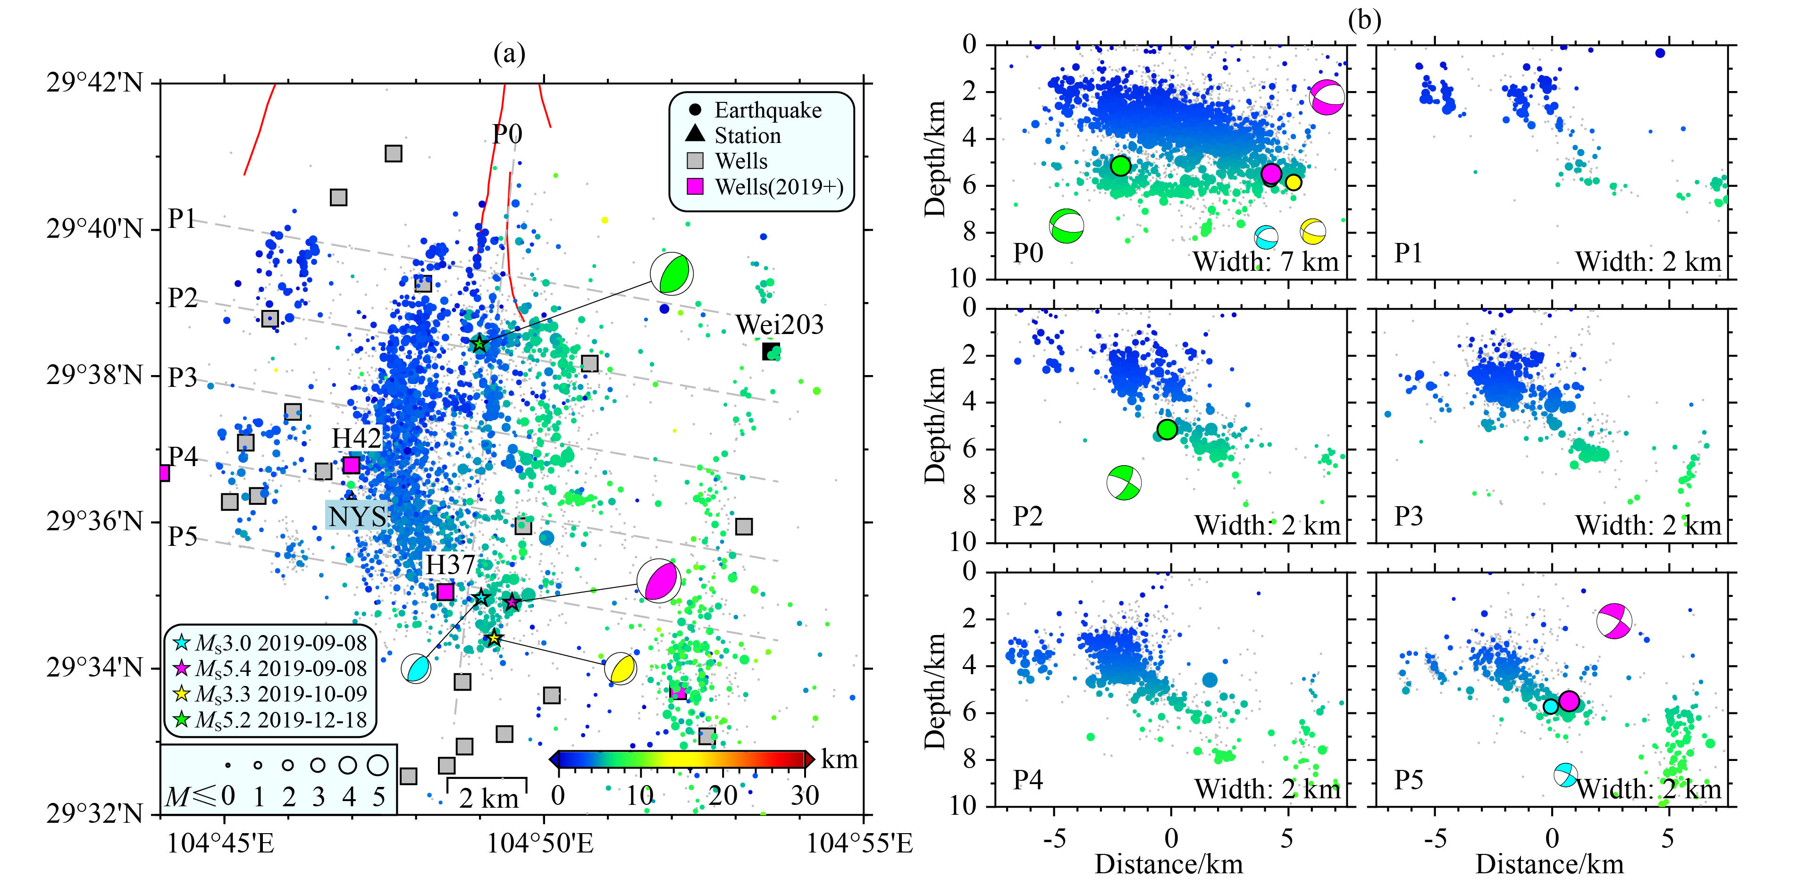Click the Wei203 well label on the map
coord(779,325)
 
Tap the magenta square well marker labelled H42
coord(351,465)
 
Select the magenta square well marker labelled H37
coord(445,592)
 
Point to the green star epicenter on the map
coord(479,343)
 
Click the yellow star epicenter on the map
coord(494,638)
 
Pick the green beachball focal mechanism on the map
coord(672,273)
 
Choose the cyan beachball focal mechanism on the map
coord(416,668)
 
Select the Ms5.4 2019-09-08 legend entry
coord(270,668)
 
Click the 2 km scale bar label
coord(488,798)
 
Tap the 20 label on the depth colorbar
coord(723,795)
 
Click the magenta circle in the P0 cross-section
coord(1271,174)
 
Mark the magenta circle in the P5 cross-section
coord(1569,700)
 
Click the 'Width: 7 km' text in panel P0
coord(1266,261)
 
